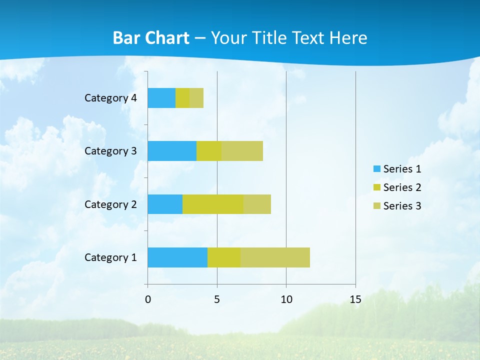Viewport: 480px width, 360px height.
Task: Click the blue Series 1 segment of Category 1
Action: tap(177, 257)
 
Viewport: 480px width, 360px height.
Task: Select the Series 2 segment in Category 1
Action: tap(224, 257)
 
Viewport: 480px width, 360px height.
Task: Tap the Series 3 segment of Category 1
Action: tap(275, 257)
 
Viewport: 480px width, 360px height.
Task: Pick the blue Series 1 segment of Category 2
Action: tap(165, 204)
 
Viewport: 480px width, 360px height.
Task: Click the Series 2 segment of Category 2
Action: tap(213, 204)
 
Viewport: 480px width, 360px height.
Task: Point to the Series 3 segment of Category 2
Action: tap(257, 204)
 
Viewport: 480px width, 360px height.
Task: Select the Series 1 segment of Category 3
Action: tap(172, 151)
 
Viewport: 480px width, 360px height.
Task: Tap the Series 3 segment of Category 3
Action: tap(242, 151)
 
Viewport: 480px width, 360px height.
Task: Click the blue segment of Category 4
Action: tap(161, 98)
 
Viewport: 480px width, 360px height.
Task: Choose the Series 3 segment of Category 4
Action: tap(196, 98)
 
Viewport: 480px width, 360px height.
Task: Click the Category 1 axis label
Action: tap(110, 257)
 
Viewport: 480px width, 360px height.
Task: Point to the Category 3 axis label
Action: tap(110, 151)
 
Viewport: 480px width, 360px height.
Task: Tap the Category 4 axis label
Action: tap(110, 98)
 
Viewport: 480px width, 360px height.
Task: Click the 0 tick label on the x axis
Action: tap(148, 299)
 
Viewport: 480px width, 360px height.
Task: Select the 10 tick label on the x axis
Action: tap(286, 299)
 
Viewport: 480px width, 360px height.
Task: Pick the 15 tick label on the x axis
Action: tap(355, 299)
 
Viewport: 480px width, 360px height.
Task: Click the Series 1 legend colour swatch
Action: tap(376, 169)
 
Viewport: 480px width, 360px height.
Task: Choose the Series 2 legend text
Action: tap(402, 187)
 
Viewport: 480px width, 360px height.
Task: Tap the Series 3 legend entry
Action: tap(397, 206)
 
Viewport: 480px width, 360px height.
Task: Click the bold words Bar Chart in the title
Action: tap(151, 38)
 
